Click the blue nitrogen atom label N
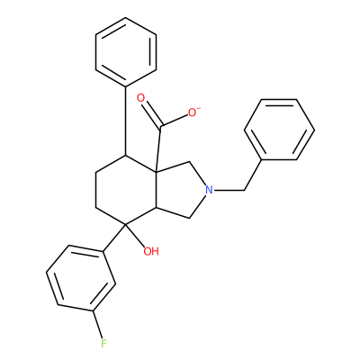click(x=209, y=190)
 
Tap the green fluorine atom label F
click(x=103, y=343)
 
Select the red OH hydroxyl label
click(x=151, y=251)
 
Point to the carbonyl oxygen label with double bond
click(x=140, y=98)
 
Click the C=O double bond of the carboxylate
click(x=153, y=114)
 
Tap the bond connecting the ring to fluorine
click(x=97, y=324)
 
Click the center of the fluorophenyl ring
click(x=81, y=279)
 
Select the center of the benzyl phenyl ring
click(x=279, y=130)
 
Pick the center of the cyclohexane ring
click(x=126, y=190)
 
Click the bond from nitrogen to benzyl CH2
click(x=229, y=190)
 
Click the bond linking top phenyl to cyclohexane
click(x=126, y=121)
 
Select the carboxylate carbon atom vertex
click(x=160, y=125)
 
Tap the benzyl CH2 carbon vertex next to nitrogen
click(x=244, y=190)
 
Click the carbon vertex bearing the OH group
click(x=126, y=224)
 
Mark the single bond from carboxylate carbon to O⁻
click(x=175, y=120)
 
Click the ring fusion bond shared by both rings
click(x=157, y=190)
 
